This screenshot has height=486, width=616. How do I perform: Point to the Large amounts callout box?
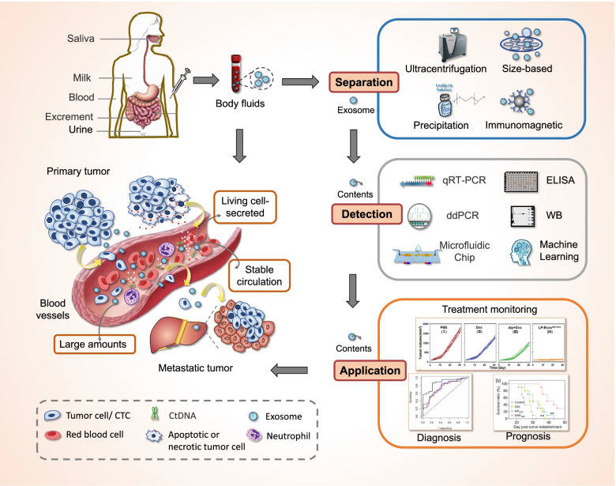pos(92,343)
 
